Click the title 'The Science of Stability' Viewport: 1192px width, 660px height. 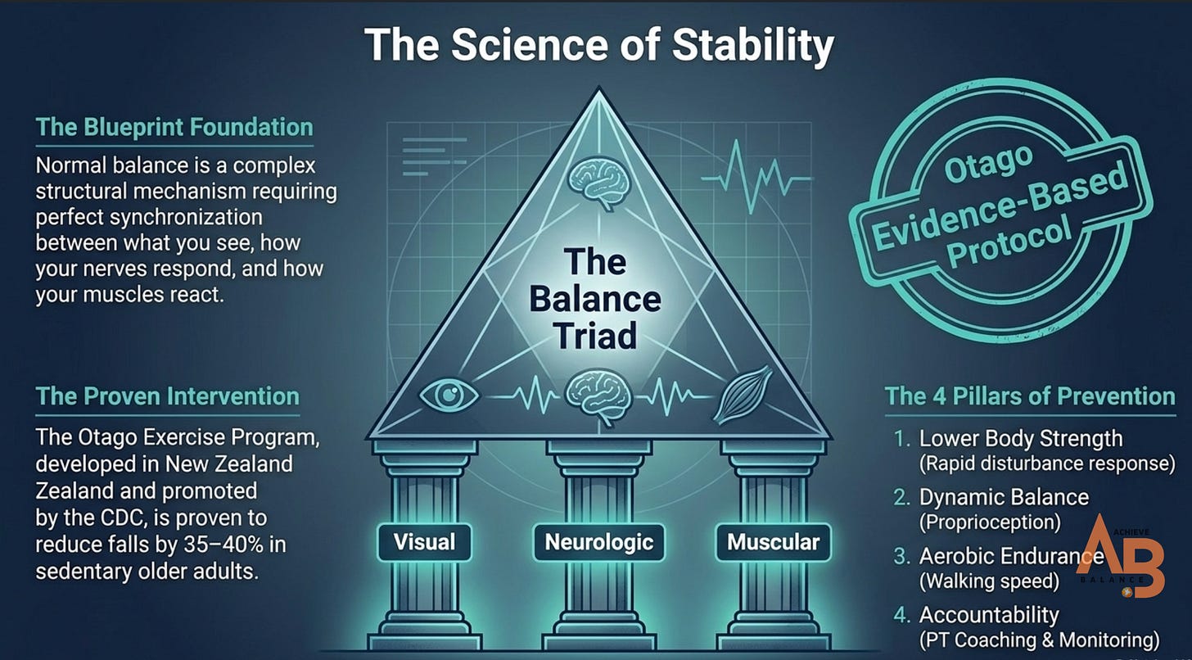[x=599, y=45]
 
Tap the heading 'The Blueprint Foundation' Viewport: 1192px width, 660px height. [x=174, y=128]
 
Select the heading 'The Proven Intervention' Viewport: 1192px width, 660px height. [x=168, y=396]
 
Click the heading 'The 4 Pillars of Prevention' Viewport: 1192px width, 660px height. [x=1030, y=396]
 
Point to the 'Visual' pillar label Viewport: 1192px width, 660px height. [x=425, y=542]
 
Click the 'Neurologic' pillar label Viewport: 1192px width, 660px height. [x=599, y=542]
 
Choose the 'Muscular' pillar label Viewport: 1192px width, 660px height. [x=773, y=542]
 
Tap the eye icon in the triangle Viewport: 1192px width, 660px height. [x=449, y=396]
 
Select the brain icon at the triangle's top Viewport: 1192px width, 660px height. [x=599, y=184]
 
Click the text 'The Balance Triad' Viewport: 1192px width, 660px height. [x=595, y=299]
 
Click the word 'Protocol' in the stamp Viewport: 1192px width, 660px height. [x=1009, y=242]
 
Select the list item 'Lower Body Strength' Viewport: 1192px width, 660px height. [x=1021, y=439]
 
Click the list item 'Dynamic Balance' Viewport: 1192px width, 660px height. [x=1004, y=497]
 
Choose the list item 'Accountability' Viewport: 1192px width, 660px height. [x=989, y=615]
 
